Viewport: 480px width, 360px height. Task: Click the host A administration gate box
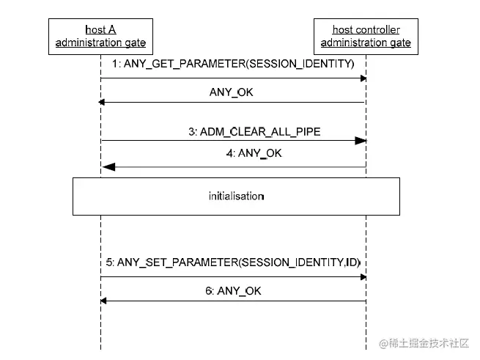click(100, 36)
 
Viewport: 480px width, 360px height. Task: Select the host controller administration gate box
click(366, 36)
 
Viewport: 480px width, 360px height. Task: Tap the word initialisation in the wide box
click(235, 196)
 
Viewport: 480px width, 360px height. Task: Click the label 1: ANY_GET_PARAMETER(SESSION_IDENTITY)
click(233, 65)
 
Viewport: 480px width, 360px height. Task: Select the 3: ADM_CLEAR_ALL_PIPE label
click(254, 131)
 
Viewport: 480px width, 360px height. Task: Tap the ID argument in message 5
click(352, 261)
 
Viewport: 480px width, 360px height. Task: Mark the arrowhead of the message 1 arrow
click(363, 78)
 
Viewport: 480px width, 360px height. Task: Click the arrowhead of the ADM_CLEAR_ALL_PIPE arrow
click(361, 140)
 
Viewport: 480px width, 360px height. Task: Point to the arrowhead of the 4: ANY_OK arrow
click(108, 167)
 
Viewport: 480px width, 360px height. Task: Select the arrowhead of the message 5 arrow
click(363, 276)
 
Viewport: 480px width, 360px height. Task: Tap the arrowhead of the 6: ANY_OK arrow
click(104, 301)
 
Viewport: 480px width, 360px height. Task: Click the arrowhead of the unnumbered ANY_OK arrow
click(104, 103)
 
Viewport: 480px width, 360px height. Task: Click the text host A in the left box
click(100, 30)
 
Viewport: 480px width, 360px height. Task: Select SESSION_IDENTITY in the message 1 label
click(300, 65)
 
